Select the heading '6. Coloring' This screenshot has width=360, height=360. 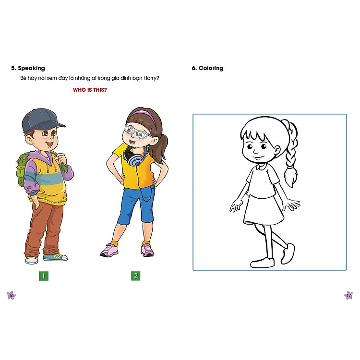coord(207,68)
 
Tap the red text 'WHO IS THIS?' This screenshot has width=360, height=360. coord(90,90)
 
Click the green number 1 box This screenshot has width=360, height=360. coord(44,276)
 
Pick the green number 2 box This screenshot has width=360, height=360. coord(135,276)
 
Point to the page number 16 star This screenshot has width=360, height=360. coord(11,295)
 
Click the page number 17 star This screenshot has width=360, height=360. coord(349,295)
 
